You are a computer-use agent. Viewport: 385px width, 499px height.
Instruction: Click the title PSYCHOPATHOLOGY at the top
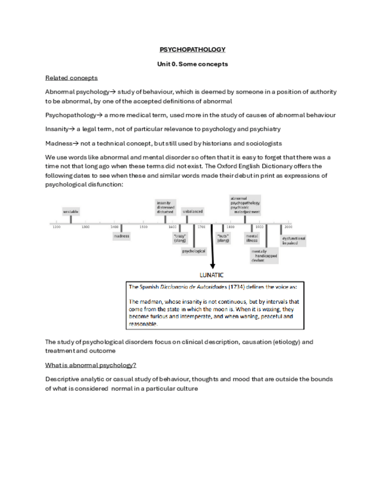click(192, 50)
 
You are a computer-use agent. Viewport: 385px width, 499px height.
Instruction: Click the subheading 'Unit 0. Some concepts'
click(192, 64)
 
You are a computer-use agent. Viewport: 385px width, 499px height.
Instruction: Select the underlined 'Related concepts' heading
click(71, 78)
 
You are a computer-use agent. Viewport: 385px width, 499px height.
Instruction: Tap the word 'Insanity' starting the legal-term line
click(56, 128)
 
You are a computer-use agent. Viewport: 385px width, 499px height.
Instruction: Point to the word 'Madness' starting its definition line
click(58, 143)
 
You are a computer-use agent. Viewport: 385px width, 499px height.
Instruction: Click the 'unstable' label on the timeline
click(71, 211)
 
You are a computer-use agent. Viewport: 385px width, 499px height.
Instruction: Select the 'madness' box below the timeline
click(122, 236)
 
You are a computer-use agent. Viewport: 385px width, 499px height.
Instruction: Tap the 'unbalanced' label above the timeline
click(193, 211)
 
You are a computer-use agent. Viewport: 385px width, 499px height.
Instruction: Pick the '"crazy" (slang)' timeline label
click(179, 238)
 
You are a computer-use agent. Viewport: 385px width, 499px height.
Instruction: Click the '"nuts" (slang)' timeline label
click(223, 238)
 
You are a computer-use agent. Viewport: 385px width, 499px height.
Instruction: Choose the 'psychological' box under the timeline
click(193, 251)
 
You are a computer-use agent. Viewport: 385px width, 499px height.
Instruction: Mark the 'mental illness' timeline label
click(252, 238)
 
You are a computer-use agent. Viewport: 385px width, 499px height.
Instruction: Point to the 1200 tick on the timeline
click(56, 226)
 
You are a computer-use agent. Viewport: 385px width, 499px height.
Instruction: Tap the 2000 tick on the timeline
click(288, 226)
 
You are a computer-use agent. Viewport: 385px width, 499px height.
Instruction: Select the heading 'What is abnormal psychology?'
click(91, 365)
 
